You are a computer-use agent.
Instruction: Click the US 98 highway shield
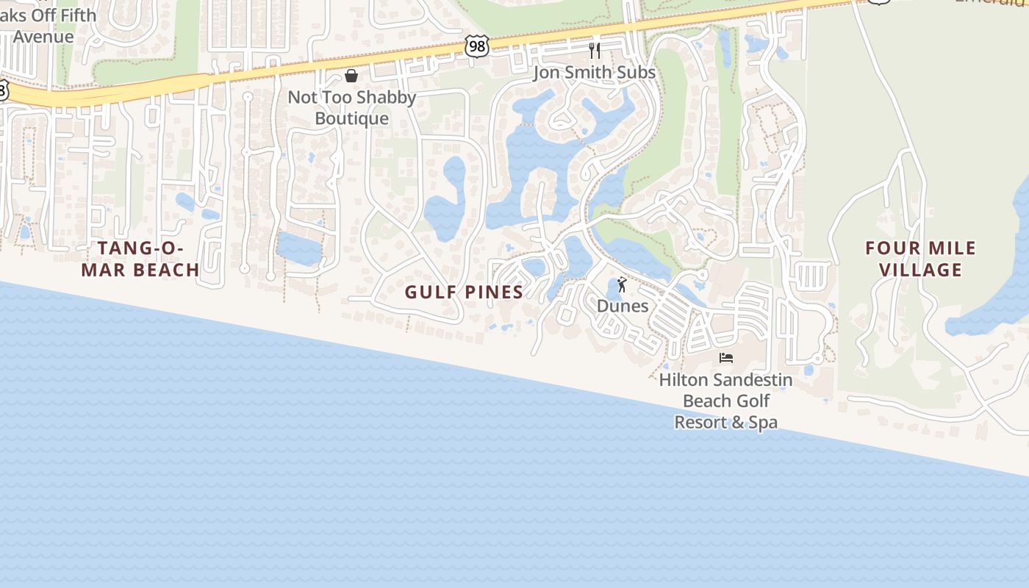tap(477, 46)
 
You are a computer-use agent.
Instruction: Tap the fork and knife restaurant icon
tap(595, 51)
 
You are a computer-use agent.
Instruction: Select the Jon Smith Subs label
tap(594, 72)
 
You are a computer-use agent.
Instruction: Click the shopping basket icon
tap(351, 76)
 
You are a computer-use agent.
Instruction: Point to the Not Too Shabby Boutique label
tap(352, 107)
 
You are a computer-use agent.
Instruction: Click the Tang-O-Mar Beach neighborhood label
tap(140, 259)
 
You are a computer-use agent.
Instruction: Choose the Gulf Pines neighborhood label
tap(464, 292)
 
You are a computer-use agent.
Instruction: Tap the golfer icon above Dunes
tap(623, 284)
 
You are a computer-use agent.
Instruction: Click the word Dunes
tap(623, 306)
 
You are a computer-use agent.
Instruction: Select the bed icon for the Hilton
tap(726, 358)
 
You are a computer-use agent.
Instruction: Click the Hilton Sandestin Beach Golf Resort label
tap(726, 401)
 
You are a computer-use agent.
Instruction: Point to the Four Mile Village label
tap(920, 259)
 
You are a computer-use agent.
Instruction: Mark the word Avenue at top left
tap(43, 37)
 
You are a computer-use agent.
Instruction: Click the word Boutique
tap(352, 118)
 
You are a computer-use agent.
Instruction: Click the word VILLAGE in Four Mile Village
tap(920, 270)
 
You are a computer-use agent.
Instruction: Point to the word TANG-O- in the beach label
tap(140, 248)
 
